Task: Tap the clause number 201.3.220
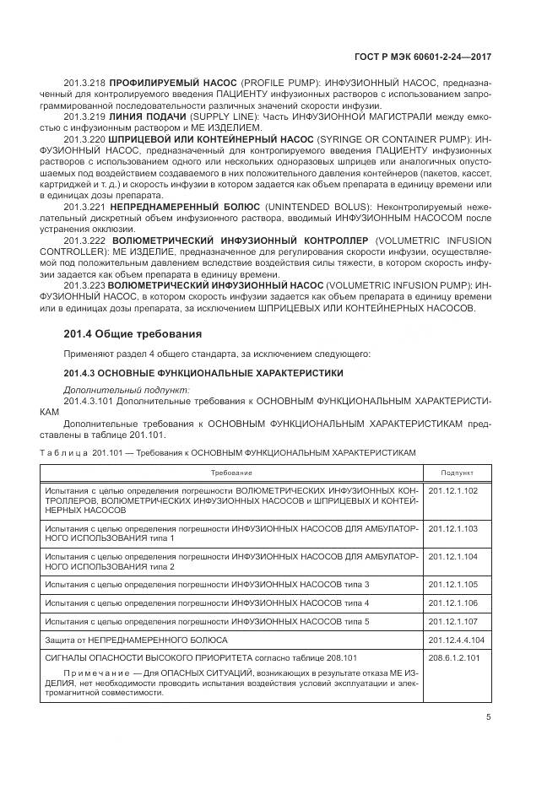coord(84,138)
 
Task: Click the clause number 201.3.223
coord(84,284)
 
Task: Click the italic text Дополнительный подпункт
coord(127,390)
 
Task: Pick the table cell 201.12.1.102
coord(453,490)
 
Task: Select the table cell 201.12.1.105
coord(453,585)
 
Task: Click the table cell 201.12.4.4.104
coord(456,639)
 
